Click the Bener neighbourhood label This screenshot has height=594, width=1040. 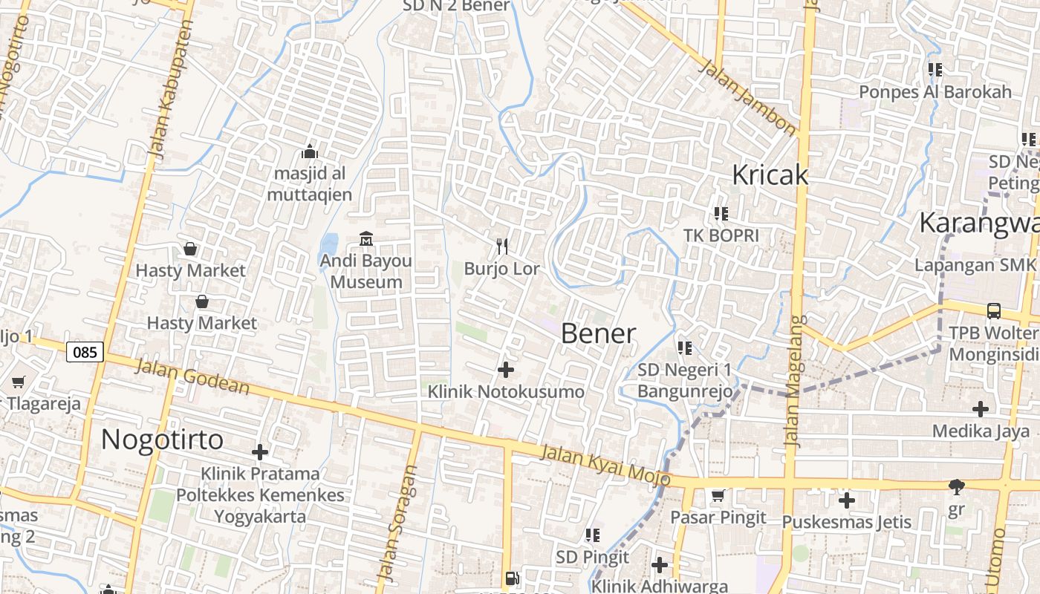(598, 333)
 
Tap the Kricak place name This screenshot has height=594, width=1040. (770, 174)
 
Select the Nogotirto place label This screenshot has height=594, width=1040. (162, 440)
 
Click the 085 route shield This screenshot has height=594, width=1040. (85, 352)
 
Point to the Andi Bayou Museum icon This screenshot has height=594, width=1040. (366, 239)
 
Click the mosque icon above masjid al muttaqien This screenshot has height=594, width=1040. (310, 152)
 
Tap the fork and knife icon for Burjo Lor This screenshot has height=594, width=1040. (503, 246)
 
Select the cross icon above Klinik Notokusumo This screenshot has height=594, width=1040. (506, 369)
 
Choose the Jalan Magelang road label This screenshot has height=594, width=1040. (795, 382)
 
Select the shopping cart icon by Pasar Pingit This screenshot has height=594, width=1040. (718, 495)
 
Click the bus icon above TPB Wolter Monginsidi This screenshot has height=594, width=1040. (994, 310)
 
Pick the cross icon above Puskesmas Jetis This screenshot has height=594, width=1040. (846, 500)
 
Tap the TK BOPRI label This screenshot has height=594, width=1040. (721, 235)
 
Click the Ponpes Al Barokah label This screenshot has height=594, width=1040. (935, 92)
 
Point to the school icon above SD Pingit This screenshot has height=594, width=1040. (592, 535)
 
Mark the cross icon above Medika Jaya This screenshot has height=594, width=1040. (981, 408)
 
